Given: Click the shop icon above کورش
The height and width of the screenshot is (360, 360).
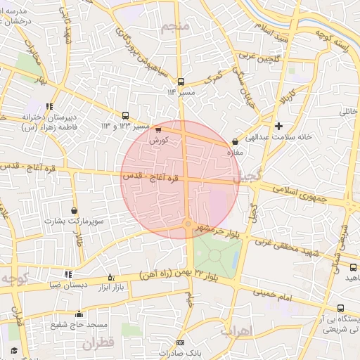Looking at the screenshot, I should [x=157, y=129].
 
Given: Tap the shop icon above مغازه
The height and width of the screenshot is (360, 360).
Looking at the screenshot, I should [x=235, y=142].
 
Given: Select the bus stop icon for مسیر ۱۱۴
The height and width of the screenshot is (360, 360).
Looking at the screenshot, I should [x=181, y=82].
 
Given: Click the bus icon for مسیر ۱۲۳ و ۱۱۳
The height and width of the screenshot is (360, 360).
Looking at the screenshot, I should [x=125, y=115].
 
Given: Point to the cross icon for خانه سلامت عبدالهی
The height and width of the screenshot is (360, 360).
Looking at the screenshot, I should [x=279, y=127].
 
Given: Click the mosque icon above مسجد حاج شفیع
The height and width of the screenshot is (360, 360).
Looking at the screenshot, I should [x=79, y=314].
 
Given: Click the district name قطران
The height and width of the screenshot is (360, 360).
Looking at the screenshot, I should [x=97, y=344].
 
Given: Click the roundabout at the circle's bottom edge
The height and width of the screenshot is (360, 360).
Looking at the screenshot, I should [x=188, y=224].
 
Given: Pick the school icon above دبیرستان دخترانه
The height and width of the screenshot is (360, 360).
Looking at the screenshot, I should [x=49, y=106].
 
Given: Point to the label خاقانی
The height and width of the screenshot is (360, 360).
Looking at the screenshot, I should [x=349, y=111].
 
